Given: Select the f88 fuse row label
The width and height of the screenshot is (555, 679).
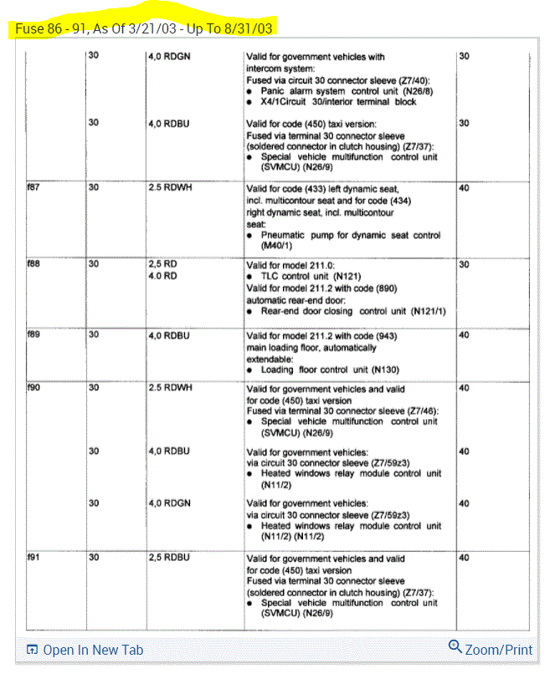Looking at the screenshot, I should (33, 264).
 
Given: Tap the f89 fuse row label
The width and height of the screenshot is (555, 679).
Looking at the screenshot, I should (33, 335).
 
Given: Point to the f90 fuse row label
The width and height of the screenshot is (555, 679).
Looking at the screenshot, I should (33, 389).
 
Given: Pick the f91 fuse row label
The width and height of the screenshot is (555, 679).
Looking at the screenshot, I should (33, 558).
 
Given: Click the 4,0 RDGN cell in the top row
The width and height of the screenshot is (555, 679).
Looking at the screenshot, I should (169, 57).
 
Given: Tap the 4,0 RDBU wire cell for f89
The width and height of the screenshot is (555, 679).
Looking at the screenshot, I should (169, 335).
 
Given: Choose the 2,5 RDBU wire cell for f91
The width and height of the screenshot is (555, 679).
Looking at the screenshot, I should (169, 558).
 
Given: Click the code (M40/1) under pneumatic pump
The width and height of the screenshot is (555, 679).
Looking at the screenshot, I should (277, 247).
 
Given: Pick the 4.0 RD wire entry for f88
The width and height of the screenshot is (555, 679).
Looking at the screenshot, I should (163, 276).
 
